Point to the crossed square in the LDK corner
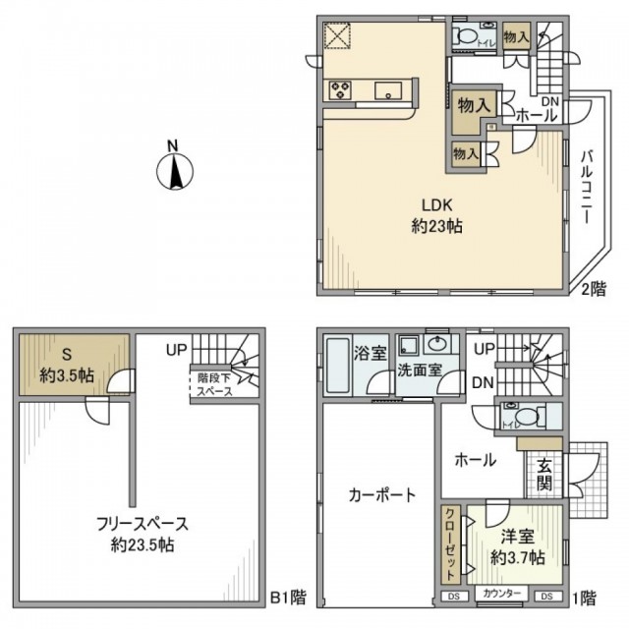[337, 35]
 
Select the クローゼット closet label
[448, 544]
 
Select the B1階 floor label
[287, 597]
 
